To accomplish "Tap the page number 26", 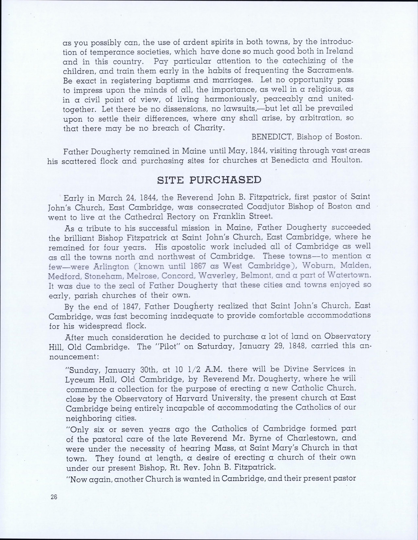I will (54, 497).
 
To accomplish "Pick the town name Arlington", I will (110, 266).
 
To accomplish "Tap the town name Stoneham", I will (94, 276).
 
